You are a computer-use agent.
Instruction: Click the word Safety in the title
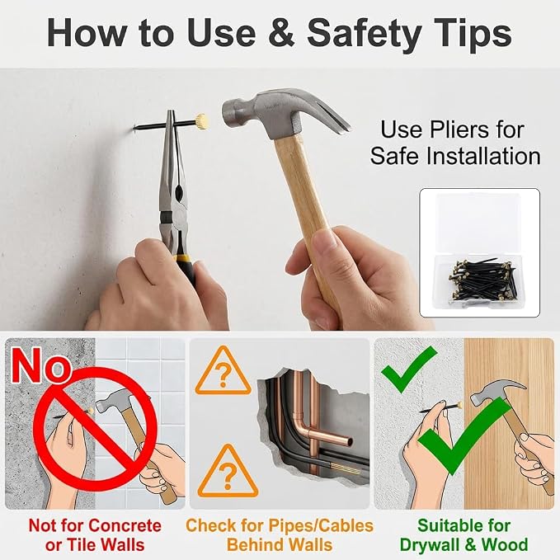tap(364, 33)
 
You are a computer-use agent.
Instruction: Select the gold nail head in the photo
tap(201, 121)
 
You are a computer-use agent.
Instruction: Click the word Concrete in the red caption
tap(125, 525)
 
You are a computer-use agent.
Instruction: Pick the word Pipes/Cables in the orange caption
tap(321, 526)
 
